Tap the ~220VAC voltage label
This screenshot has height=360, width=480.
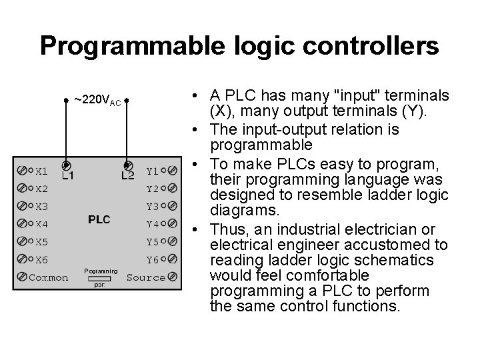coord(97,101)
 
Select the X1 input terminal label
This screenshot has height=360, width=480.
coord(41,170)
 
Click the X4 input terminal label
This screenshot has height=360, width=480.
coord(41,224)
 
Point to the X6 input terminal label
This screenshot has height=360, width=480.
coord(41,259)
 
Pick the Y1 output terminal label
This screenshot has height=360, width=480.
coord(153,171)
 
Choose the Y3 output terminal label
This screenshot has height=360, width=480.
coord(153,207)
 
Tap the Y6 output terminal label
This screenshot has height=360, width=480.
coord(153,259)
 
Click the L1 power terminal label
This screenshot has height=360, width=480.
coord(68,177)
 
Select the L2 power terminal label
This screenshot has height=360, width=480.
coord(127,177)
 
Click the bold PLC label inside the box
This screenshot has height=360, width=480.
coord(99,219)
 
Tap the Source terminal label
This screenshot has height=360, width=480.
coord(146,277)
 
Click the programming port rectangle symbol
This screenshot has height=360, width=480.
coord(99,278)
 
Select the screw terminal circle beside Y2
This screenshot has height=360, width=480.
coord(173,189)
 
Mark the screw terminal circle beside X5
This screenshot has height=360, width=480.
coord(23,241)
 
